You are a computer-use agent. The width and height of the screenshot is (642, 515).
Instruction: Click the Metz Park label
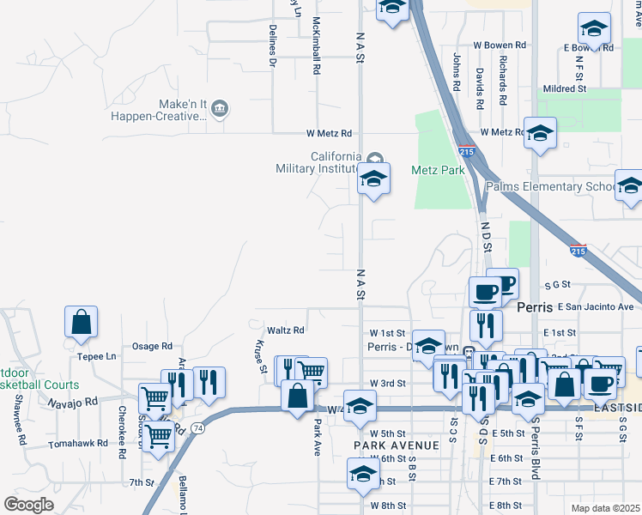click(438, 170)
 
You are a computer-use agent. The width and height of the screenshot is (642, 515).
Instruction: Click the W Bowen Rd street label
click(499, 45)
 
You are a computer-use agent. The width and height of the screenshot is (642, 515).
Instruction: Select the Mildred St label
click(564, 88)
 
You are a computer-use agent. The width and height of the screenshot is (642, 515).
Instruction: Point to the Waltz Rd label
click(286, 330)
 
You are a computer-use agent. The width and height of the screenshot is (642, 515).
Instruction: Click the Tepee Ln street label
click(96, 356)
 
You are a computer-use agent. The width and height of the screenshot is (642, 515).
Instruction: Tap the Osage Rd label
click(152, 346)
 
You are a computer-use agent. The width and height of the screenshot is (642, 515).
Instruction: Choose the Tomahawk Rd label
click(78, 444)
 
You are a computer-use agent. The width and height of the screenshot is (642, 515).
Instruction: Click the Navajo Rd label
click(73, 402)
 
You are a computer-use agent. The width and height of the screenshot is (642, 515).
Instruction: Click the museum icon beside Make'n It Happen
click(219, 107)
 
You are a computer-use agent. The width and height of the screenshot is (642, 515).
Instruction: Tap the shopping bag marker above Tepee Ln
click(81, 322)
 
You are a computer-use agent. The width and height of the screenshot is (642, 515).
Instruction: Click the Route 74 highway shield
click(197, 427)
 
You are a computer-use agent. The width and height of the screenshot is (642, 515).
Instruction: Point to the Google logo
click(28, 505)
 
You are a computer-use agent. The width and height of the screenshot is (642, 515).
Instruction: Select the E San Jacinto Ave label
click(595, 306)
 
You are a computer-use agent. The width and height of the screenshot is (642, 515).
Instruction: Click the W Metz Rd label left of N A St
click(330, 133)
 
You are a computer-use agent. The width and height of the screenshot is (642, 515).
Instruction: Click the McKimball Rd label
click(316, 45)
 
